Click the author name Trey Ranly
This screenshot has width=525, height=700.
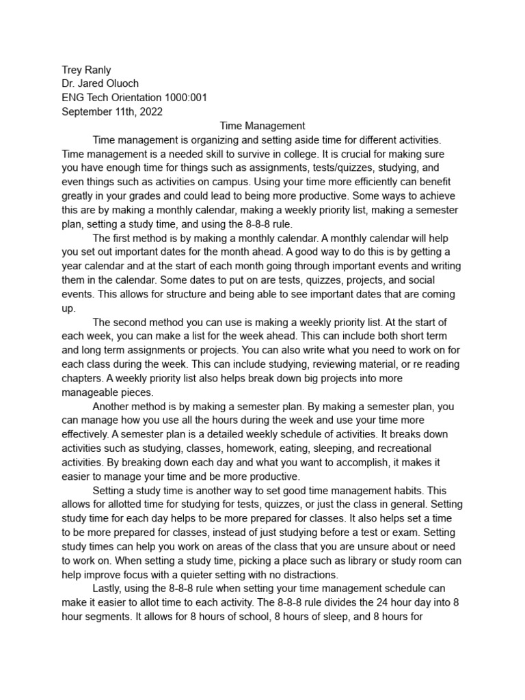pos(86,70)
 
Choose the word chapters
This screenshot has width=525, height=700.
pos(85,378)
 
